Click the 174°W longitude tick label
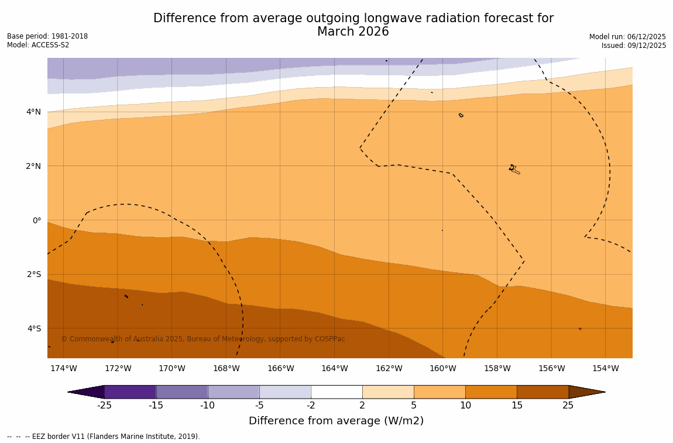pos(63,369)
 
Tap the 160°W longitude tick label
pos(442,369)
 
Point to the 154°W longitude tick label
pos(605,369)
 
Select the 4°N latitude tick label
pos(33,112)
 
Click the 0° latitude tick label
pos(37,220)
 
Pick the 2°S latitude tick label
pos(33,274)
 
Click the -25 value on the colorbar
pos(104,406)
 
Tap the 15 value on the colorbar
pos(517,406)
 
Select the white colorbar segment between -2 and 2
pos(336,392)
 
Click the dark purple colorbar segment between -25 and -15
pos(130,392)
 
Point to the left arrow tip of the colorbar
pos(70,392)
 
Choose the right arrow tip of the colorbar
pos(603,392)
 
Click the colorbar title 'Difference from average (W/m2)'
pos(336,421)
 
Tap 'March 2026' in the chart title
pos(353,32)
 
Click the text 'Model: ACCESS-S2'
pos(38,45)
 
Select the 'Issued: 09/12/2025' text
pos(634,46)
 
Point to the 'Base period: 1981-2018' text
pos(47,36)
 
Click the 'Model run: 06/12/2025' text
pos(627,36)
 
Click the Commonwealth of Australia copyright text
pos(203,339)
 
